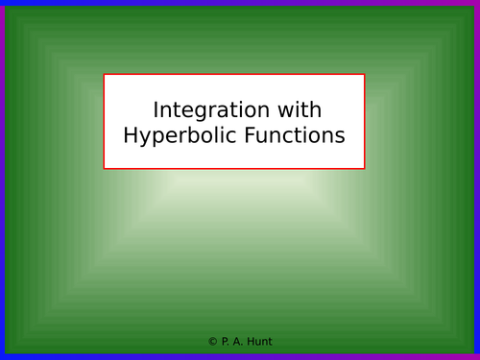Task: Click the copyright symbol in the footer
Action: click(212, 342)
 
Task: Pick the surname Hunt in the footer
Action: click(258, 342)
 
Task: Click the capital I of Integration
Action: click(156, 110)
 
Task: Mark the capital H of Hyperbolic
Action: click(132, 136)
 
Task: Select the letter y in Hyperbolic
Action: click(147, 138)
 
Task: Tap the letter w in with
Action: click(286, 111)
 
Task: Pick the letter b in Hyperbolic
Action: click(186, 135)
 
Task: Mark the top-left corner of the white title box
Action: click(105, 75)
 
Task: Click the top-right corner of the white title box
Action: click(365, 75)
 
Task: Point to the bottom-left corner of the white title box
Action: click(105, 169)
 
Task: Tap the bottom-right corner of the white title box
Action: click(365, 169)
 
